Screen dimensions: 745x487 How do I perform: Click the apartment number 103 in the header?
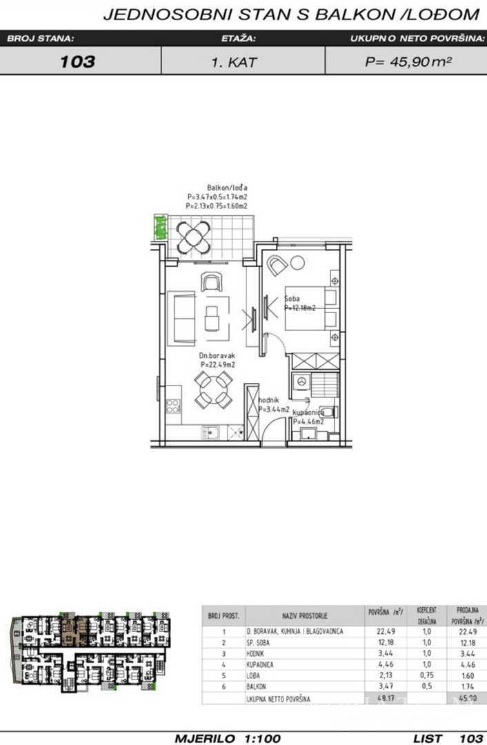point(77,61)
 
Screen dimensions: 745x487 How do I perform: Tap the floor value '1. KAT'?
point(235,61)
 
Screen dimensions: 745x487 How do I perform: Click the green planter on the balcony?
point(160,227)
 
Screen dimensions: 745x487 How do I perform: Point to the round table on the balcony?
point(195,237)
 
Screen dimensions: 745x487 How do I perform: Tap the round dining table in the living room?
point(212,390)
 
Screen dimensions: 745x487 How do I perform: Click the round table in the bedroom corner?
point(298,263)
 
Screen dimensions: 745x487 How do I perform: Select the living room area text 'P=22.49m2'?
point(217,364)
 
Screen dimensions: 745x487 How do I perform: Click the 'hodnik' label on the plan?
point(268,400)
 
